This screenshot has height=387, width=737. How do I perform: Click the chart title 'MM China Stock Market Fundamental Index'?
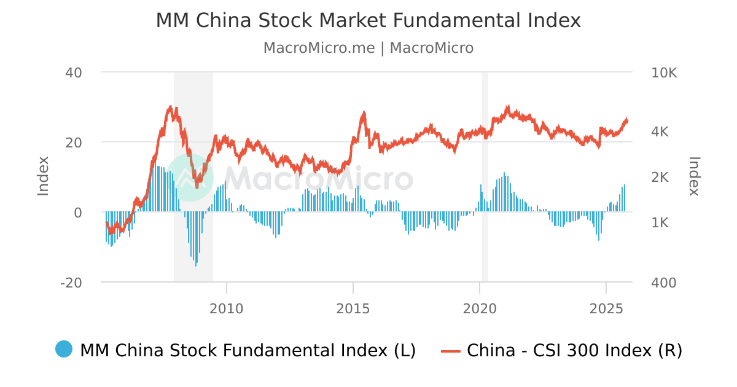[x=368, y=20]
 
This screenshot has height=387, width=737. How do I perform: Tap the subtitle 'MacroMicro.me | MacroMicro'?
[x=368, y=48]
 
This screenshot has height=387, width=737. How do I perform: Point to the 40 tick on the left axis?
[x=74, y=72]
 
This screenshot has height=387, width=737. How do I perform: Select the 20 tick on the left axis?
[x=74, y=143]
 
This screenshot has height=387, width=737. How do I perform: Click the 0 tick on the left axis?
[x=78, y=213]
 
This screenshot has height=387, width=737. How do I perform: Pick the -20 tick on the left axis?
[x=71, y=283]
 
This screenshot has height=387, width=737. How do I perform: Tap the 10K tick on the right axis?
[x=664, y=73]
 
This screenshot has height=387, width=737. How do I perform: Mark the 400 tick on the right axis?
[x=663, y=283]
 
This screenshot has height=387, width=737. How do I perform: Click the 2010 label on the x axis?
[x=227, y=307]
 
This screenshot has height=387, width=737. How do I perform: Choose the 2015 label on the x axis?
[x=353, y=307]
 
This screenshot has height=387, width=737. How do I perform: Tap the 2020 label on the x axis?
[x=480, y=307]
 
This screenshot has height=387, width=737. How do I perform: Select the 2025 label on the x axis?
[x=606, y=307]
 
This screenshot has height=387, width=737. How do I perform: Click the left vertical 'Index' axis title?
[x=43, y=176]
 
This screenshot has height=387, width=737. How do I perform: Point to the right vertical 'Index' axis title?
[x=694, y=176]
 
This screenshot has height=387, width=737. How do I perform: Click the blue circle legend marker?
[x=64, y=350]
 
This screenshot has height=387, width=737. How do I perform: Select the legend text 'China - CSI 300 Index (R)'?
[x=574, y=350]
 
